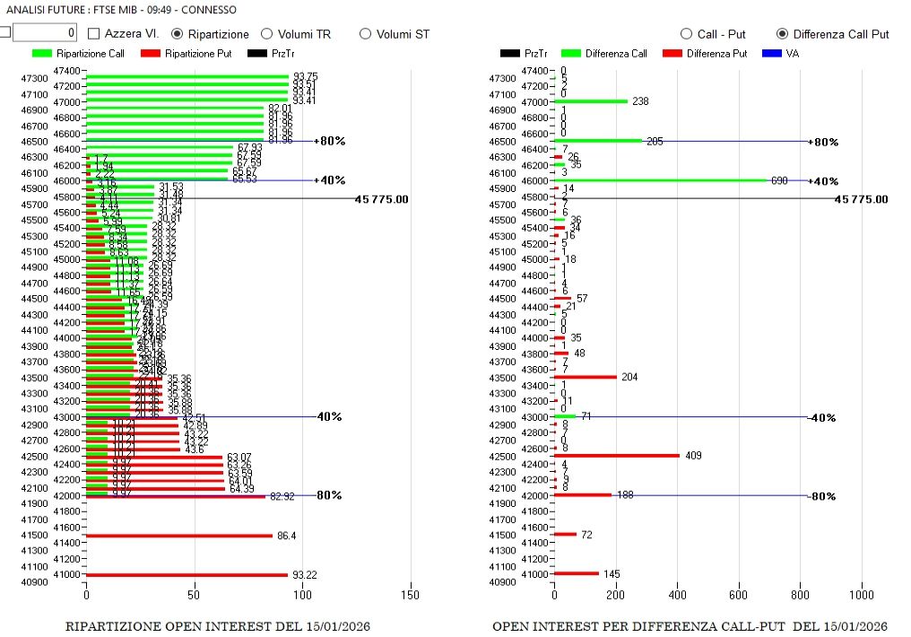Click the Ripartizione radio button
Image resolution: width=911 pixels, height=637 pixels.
pyautogui.click(x=178, y=34)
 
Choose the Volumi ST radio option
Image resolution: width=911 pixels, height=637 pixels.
pyautogui.click(x=365, y=34)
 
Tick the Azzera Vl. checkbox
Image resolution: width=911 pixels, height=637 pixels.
pyautogui.click(x=94, y=34)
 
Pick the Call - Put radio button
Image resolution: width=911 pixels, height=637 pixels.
pyautogui.click(x=687, y=34)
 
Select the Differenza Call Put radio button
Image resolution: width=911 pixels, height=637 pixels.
pyautogui.click(x=782, y=34)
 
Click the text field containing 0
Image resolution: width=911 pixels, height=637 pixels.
pyautogui.click(x=45, y=33)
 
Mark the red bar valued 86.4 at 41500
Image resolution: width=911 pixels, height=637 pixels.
pyautogui.click(x=179, y=536)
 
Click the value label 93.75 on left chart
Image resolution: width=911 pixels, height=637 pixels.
pyautogui.click(x=305, y=77)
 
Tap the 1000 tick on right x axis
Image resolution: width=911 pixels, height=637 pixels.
pyautogui.click(x=862, y=594)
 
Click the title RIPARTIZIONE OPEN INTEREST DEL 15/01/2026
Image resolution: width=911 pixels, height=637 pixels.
pyautogui.click(x=218, y=625)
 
